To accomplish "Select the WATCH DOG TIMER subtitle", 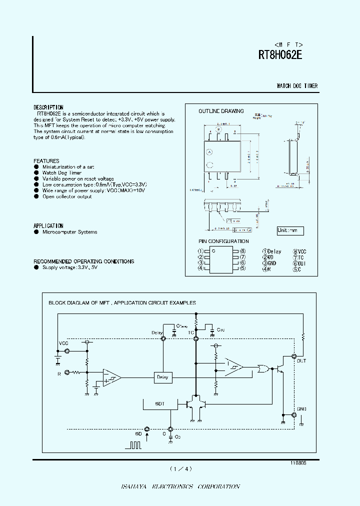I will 297,86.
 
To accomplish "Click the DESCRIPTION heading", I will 48,107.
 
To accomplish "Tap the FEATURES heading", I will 46,161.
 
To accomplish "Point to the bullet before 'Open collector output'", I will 36,196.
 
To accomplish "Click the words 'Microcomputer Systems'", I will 69,232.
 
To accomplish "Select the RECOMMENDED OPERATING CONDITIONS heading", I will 83,261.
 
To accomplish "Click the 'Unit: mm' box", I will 290,230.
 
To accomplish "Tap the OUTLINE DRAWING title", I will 221,111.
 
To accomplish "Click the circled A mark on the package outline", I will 210,151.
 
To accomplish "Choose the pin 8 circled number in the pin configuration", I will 242,251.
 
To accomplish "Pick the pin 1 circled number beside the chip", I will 200,251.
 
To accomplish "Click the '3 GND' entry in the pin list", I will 269,263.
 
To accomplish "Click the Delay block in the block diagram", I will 162,377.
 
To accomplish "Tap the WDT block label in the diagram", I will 159,403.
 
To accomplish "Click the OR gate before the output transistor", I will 261,369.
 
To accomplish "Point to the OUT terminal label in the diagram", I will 301,360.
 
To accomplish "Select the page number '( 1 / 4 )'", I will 180,468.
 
